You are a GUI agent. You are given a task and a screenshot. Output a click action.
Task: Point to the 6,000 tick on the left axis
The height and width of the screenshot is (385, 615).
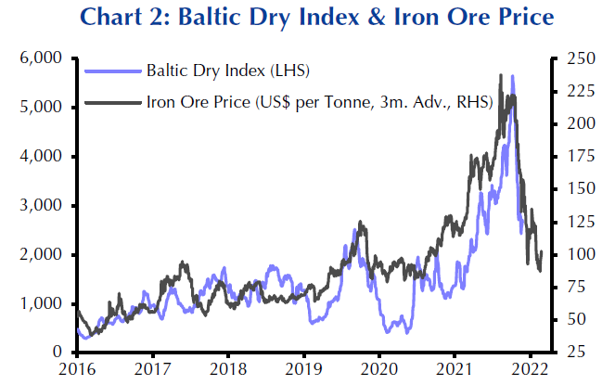[x=40, y=58]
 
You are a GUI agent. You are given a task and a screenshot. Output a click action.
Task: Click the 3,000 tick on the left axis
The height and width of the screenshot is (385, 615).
[x=40, y=206]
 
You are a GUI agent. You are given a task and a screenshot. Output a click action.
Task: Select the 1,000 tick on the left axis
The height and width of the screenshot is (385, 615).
[x=40, y=304]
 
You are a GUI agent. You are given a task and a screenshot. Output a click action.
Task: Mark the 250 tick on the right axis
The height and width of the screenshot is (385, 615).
[x=570, y=58]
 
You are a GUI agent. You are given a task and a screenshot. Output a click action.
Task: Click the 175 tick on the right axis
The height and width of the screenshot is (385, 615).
[x=570, y=157]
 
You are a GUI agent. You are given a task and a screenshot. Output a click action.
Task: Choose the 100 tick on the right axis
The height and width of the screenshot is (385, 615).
[x=570, y=255]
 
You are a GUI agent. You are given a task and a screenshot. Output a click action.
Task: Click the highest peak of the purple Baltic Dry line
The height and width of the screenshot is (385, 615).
[x=512, y=77]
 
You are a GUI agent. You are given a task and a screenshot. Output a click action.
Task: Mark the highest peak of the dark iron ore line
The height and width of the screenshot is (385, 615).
[x=501, y=75]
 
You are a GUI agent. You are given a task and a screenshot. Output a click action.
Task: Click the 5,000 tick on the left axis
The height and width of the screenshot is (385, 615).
[x=40, y=108]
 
